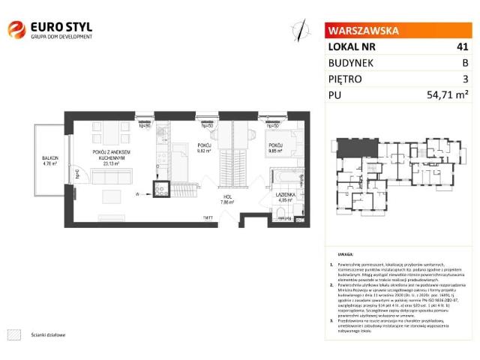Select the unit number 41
click(x=463, y=46)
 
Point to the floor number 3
click(x=465, y=78)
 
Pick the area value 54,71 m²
click(x=450, y=94)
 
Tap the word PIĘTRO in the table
click(x=346, y=78)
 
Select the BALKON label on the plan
click(x=50, y=157)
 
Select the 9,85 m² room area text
click(x=274, y=151)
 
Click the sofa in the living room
click(x=112, y=176)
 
